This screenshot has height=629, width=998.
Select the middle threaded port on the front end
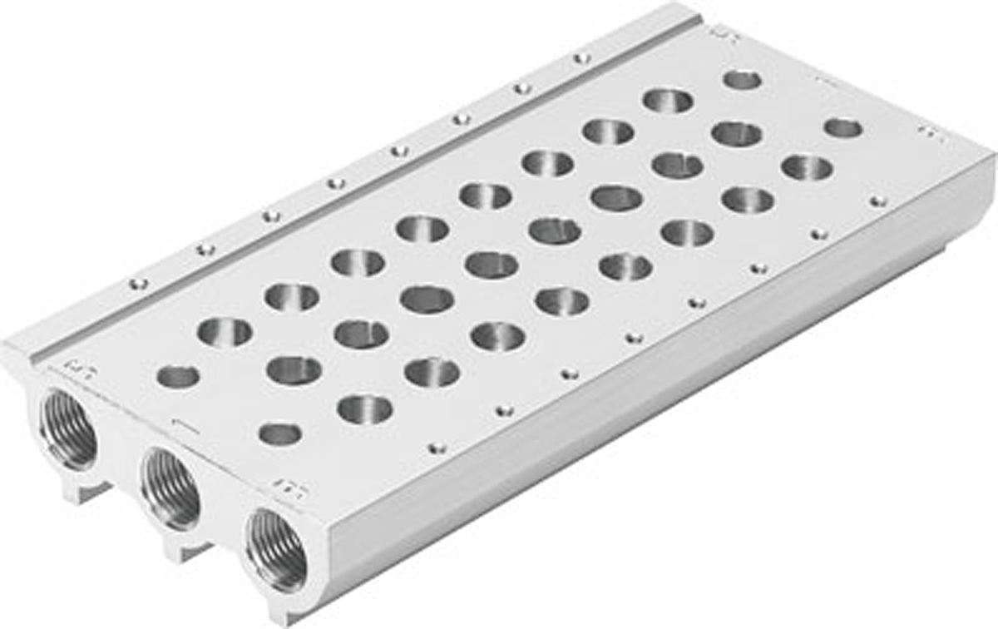point(170,489)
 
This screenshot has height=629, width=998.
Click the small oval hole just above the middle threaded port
point(279,433)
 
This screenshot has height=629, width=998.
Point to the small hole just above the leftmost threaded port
point(177,377)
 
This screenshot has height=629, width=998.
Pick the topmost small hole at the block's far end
point(743,80)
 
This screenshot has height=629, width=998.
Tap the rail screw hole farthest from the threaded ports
point(582,58)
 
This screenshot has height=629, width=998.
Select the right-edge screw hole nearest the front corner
point(436,448)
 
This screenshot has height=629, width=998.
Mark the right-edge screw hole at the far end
point(877,201)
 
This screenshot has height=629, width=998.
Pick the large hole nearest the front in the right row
point(365,408)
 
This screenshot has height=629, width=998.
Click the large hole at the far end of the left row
point(668,101)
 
